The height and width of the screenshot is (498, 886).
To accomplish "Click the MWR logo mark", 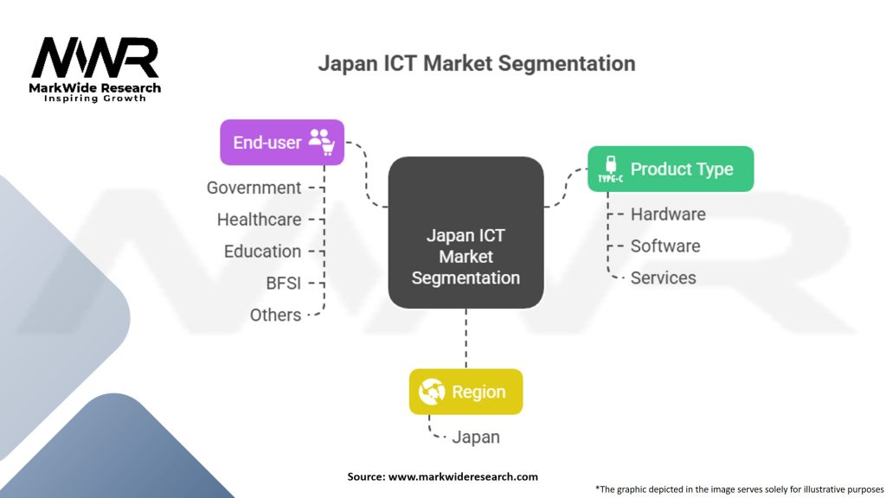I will click(x=95, y=58).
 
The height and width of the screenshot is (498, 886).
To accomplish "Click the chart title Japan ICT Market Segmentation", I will click(x=477, y=63).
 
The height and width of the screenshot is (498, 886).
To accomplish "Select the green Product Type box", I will click(x=671, y=169).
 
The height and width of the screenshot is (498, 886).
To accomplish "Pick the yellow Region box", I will click(x=465, y=392).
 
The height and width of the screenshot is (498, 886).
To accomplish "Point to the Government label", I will click(x=254, y=188).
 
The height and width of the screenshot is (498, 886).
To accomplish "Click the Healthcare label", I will click(x=260, y=220).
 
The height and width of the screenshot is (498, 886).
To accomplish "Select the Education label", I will click(x=263, y=252).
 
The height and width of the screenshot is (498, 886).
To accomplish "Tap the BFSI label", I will click(x=284, y=283).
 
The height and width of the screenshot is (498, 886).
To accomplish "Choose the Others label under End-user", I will click(x=276, y=315).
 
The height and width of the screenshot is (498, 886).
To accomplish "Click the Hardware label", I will click(x=668, y=214).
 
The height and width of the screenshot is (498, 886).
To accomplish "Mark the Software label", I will click(x=665, y=246).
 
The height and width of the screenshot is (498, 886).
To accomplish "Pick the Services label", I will click(x=664, y=278).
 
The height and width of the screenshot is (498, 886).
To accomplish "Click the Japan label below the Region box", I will click(x=476, y=437).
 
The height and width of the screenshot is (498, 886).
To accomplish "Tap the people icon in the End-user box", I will click(x=321, y=141).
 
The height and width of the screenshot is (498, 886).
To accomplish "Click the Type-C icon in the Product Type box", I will click(x=610, y=169).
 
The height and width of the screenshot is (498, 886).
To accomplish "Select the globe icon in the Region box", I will click(x=432, y=392).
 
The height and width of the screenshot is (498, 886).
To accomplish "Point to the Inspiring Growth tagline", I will click(x=95, y=99).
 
